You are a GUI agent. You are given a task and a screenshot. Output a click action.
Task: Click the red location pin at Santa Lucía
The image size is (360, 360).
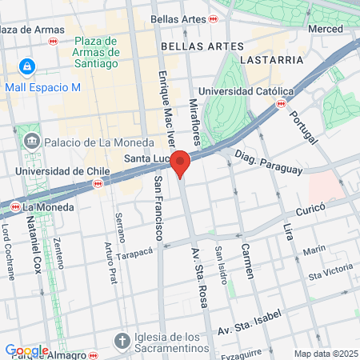point(181,162)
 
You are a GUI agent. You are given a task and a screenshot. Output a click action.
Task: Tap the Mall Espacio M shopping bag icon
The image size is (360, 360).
point(28,66)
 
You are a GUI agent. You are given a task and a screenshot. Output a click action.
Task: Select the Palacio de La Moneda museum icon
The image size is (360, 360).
point(31,142)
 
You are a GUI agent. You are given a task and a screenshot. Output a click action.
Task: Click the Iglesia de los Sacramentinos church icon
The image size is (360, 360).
point(122,340)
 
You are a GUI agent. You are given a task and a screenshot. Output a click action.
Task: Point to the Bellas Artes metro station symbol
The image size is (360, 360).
point(213,18)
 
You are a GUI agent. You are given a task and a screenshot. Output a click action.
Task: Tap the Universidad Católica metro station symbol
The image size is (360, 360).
point(280,103)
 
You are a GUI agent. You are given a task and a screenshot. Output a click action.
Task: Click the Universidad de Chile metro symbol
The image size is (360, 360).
point(98,183)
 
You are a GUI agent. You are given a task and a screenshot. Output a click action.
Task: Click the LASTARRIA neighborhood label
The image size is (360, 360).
point(270,59)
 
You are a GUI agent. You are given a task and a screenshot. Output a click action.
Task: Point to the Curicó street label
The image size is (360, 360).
point(311,207)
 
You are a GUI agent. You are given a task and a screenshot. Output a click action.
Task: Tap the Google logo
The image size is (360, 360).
point(26,350)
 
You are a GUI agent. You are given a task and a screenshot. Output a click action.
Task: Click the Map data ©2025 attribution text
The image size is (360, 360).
point(325,354)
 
